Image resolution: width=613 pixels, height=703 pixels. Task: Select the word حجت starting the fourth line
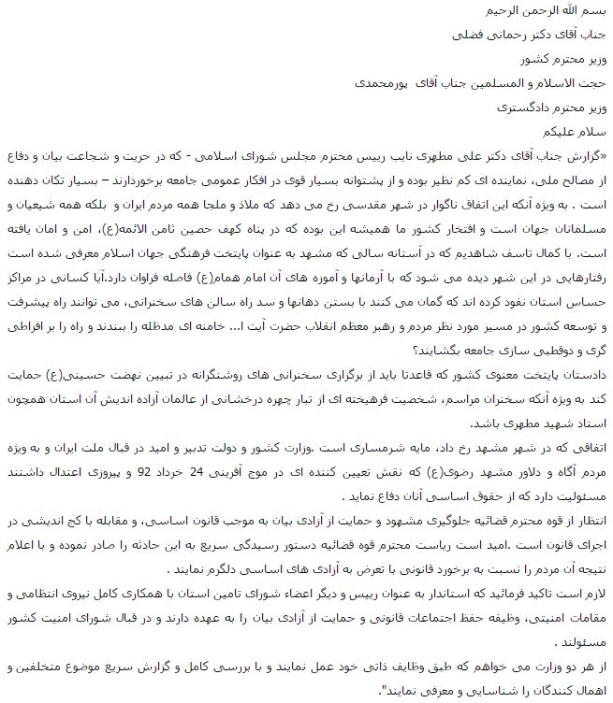click(x=593, y=82)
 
